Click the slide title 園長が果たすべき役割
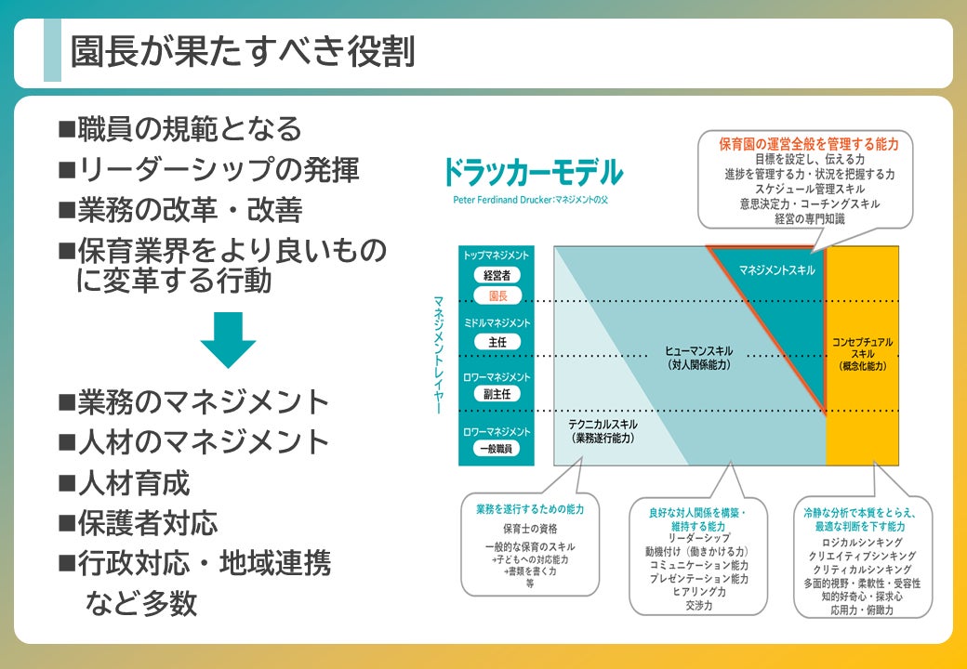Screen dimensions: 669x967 click(x=243, y=52)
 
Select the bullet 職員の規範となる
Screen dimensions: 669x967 click(x=180, y=128)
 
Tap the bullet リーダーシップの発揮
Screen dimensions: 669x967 click(x=208, y=169)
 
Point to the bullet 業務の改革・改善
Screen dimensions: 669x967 click(x=180, y=210)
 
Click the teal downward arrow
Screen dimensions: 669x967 click(x=228, y=339)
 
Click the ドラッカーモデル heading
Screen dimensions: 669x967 click(x=532, y=173)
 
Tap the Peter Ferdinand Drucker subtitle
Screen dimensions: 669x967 click(x=529, y=199)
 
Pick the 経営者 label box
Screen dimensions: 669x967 click(x=497, y=275)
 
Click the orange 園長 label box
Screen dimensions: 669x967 click(x=497, y=295)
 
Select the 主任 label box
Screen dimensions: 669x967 click(x=497, y=342)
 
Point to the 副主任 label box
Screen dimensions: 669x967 click(x=497, y=394)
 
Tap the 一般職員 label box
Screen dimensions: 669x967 click(x=497, y=448)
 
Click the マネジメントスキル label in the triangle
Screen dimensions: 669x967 click(x=777, y=269)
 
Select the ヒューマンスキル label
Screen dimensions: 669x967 click(x=698, y=357)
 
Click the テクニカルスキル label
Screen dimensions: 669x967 click(x=603, y=429)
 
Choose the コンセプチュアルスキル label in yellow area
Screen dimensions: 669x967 click(x=862, y=354)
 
